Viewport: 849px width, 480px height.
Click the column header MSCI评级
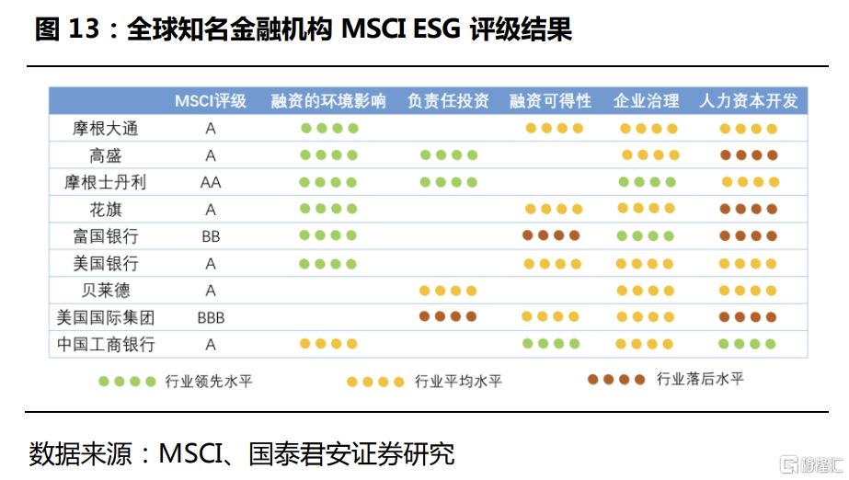210,101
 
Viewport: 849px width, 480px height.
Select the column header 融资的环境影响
328,101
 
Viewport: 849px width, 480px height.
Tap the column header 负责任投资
448,101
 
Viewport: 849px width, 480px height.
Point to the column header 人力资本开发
749,101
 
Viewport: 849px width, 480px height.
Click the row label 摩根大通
106,129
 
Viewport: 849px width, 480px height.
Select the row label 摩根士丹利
106,182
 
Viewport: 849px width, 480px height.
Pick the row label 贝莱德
106,291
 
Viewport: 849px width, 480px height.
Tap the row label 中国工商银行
106,345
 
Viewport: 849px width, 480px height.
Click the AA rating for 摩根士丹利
211,183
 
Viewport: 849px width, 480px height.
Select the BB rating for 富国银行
211,236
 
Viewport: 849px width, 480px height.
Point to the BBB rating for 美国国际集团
211,317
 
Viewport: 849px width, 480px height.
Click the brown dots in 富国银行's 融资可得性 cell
551,235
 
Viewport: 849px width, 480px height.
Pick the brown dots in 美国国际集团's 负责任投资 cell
448,316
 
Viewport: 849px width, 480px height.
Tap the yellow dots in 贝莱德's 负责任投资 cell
448,291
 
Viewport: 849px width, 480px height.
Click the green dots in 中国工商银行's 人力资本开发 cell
747,344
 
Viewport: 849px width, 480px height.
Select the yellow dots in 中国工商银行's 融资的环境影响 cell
328,344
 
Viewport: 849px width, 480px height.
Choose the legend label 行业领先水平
209,382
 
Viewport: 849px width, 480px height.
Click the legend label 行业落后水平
700,379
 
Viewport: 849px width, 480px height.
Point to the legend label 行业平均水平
458,382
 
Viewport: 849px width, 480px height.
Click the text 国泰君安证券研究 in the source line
351,453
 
